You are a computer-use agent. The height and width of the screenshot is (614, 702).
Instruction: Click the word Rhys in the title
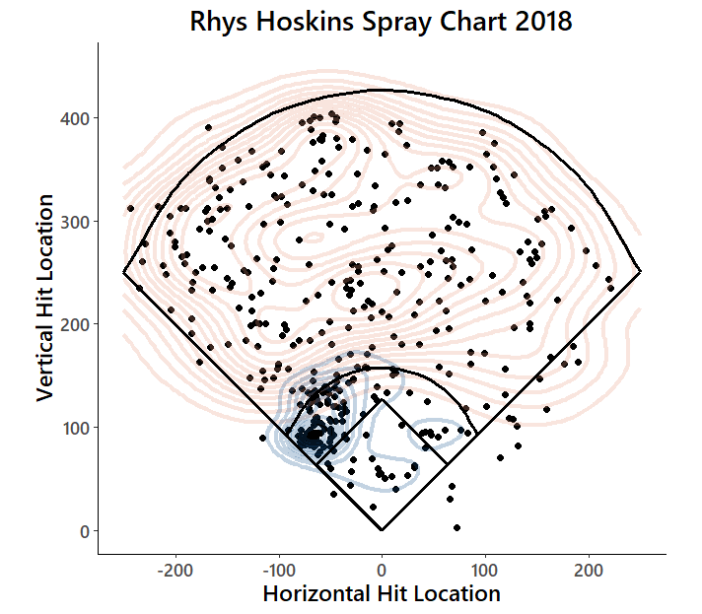219,22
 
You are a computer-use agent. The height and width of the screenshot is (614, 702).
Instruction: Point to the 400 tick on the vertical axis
76,118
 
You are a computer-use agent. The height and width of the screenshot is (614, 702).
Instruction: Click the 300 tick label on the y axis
76,221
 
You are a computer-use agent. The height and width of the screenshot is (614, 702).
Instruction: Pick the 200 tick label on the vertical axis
76,324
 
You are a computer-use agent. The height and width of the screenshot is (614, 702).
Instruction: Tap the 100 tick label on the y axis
76,428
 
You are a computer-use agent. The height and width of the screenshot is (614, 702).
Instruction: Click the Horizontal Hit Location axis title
382,593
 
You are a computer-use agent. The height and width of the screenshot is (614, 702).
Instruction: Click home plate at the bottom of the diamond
382,530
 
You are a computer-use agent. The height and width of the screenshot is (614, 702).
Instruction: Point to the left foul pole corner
123,272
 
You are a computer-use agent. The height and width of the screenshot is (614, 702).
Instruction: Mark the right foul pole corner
640,272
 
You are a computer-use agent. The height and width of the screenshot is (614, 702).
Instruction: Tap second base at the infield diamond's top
382,400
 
